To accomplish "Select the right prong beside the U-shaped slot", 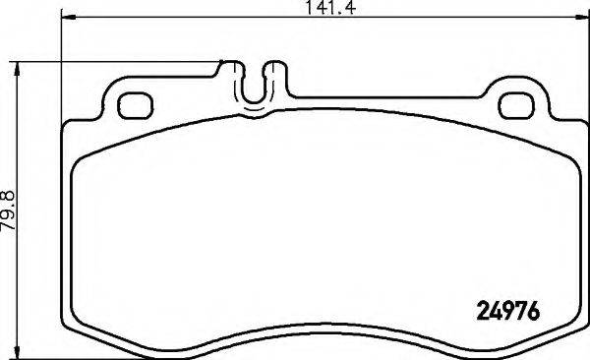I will coord(277,74).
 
